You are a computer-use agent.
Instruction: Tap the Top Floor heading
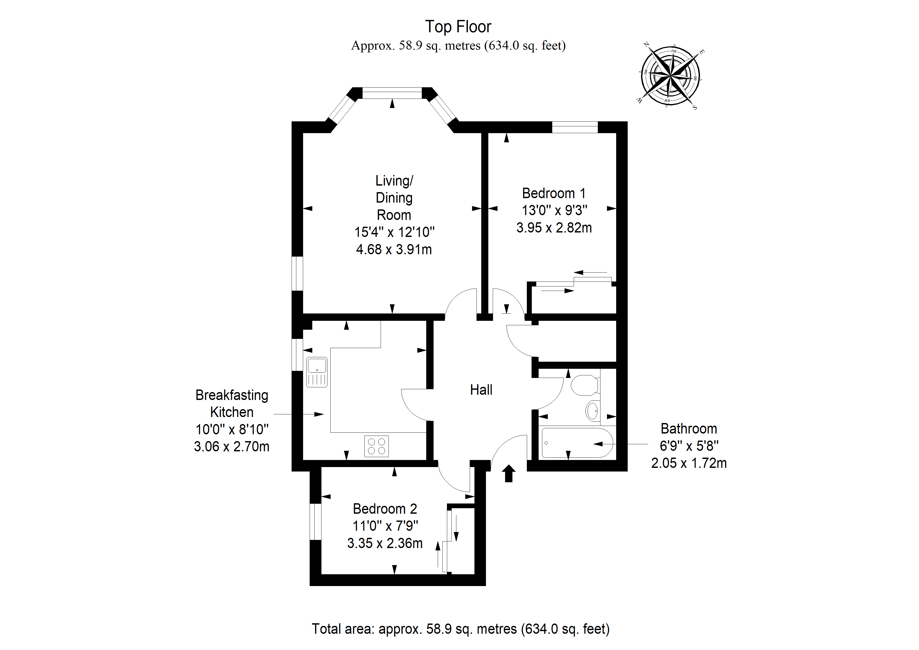[458, 27]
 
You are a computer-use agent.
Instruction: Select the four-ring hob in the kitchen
[376, 446]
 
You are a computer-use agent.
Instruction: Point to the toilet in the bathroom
[584, 385]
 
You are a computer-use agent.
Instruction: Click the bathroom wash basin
[593, 410]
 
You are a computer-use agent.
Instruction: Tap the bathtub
[576, 443]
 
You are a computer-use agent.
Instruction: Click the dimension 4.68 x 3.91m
[394, 250]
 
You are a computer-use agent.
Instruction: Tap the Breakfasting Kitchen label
[232, 404]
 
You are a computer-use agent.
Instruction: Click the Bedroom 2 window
[315, 522]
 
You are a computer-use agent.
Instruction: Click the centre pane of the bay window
[392, 93]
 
